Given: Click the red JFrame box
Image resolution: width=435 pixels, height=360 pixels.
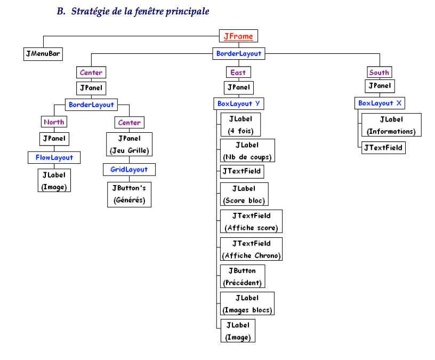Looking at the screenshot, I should click(x=238, y=36).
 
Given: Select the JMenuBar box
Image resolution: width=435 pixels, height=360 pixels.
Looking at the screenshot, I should click(x=43, y=54).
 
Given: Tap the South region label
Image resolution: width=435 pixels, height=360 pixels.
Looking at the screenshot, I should click(x=379, y=72).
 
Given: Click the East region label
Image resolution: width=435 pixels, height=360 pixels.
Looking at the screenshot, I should click(x=238, y=72).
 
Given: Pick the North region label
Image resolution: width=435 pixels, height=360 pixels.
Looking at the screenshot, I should click(x=54, y=122).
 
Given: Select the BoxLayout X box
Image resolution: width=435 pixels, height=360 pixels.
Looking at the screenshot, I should click(x=380, y=103).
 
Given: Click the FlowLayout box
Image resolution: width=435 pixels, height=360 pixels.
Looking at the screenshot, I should click(x=54, y=157).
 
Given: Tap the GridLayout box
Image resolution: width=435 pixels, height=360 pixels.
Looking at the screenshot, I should click(x=129, y=170).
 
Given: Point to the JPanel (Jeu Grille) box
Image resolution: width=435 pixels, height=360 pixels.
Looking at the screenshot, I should click(x=128, y=144).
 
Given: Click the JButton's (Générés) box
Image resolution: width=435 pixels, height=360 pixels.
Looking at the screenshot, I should click(x=128, y=195).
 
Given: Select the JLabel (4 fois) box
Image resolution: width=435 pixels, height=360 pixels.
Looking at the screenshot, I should click(x=240, y=125).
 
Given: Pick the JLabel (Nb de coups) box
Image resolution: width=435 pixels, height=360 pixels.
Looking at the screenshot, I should click(x=247, y=151).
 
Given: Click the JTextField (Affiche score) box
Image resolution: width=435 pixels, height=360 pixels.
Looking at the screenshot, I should click(x=251, y=222).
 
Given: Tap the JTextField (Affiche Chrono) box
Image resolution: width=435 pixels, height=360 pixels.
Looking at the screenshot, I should click(x=251, y=249).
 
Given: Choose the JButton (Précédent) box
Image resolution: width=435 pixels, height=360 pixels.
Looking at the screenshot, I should click(x=243, y=277).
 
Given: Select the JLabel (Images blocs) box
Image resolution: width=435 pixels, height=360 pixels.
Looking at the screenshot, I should click(x=247, y=304).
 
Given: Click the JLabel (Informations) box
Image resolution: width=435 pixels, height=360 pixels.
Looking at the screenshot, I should click(x=391, y=125).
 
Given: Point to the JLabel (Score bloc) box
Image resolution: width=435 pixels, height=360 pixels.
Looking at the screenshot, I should click(x=244, y=195).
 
